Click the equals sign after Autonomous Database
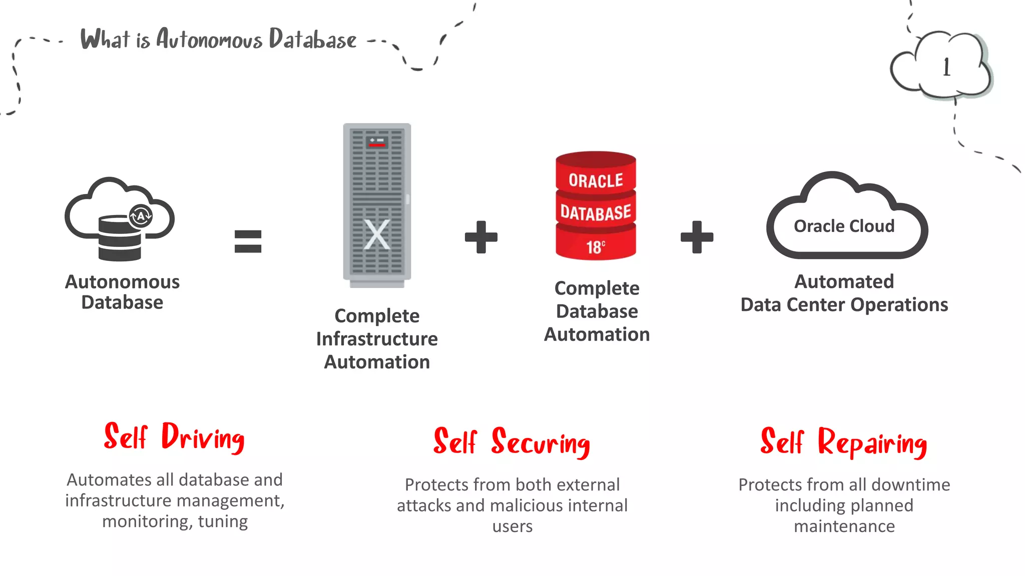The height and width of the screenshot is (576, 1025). pos(248,241)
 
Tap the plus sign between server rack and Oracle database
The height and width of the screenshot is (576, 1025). pos(481,237)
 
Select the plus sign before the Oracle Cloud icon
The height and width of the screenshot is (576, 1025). pos(697,237)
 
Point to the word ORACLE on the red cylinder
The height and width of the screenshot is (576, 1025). pos(596,180)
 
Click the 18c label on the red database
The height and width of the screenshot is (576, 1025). pos(596,246)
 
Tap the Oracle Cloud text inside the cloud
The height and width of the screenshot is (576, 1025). pos(844,226)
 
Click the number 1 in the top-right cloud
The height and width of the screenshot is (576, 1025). pos(946,67)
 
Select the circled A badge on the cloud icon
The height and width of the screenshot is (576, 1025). pos(141,216)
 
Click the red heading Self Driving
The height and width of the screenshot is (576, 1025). pos(174,437)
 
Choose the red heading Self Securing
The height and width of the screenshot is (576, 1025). pos(511,442)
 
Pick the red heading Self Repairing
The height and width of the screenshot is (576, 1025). pos(844,442)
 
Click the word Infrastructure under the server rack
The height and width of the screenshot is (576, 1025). pos(377,339)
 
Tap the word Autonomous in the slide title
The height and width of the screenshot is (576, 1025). pos(209,39)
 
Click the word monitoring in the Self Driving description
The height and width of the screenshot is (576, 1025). pos(145,521)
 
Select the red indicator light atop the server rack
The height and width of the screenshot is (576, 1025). pos(377,145)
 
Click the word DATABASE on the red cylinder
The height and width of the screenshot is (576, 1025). pos(596,213)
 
